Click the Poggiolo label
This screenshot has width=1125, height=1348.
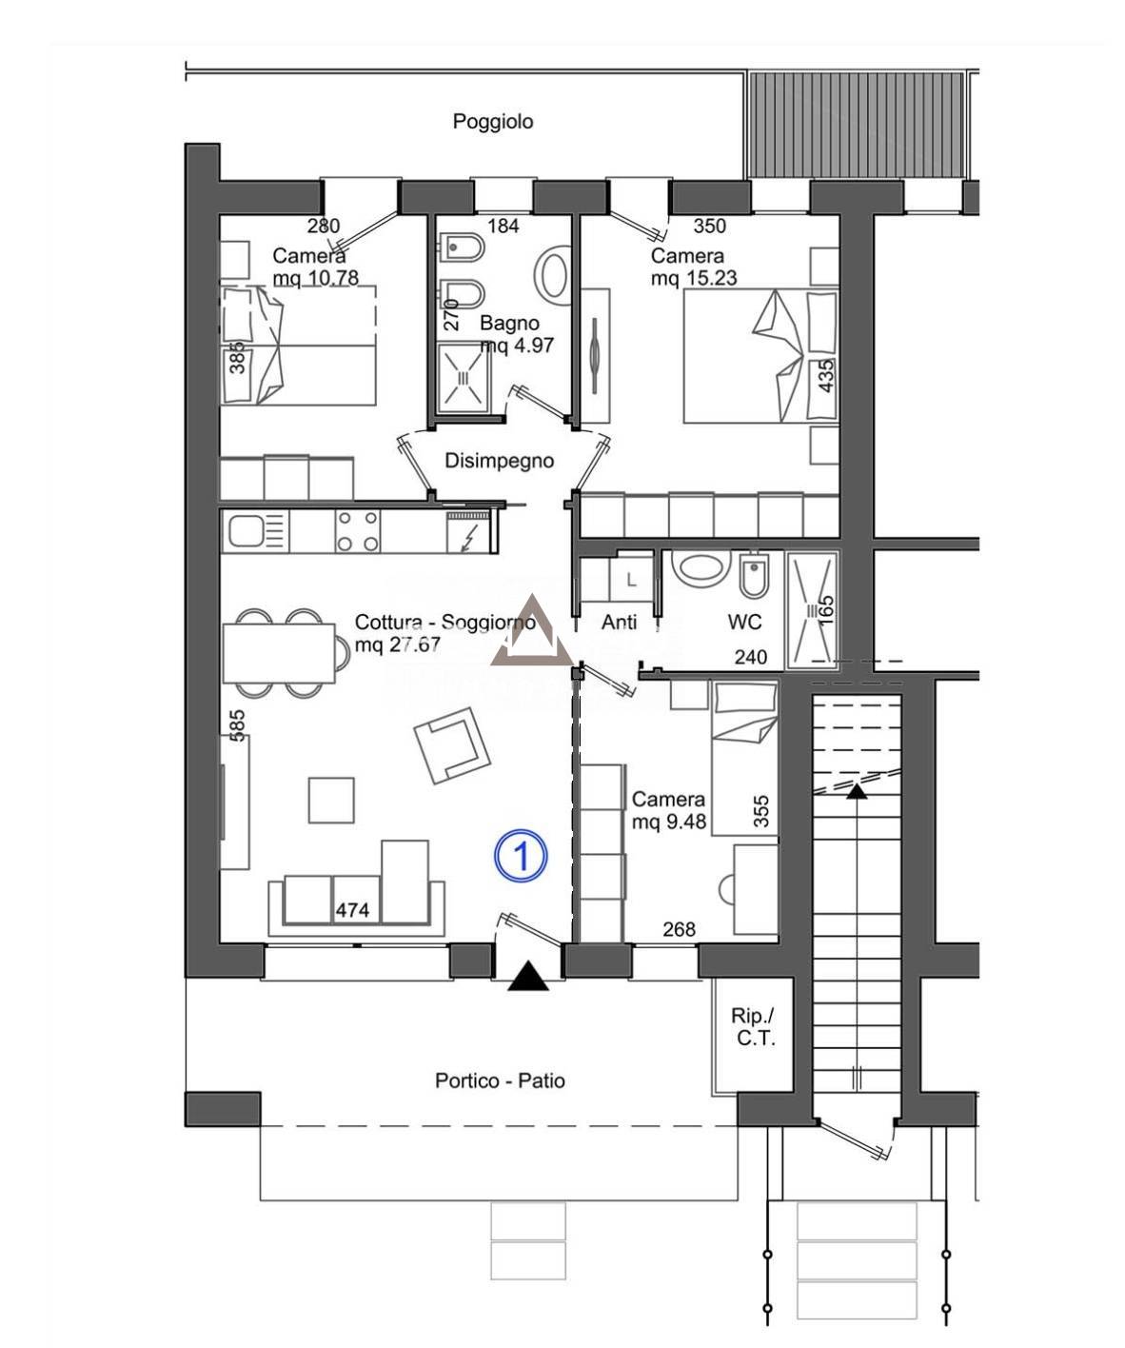(492, 122)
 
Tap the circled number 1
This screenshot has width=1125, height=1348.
(521, 857)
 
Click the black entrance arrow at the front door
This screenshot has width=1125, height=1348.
(528, 976)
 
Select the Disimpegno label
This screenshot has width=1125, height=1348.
(499, 461)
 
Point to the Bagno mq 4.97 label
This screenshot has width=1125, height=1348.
(517, 334)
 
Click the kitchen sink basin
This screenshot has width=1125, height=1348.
(244, 532)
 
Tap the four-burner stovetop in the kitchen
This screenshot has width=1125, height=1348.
(358, 530)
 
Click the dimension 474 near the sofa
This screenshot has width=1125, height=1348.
(352, 910)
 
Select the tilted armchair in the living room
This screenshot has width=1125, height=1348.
(452, 745)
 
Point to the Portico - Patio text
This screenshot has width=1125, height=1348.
(500, 1080)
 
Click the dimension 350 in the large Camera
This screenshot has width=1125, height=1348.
(709, 226)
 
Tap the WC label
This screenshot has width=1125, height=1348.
(744, 622)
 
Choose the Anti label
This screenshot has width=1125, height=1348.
(619, 622)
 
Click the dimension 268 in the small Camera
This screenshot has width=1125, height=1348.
(679, 928)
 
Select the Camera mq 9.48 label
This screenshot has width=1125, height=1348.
(669, 810)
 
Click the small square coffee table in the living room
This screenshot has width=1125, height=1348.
(331, 800)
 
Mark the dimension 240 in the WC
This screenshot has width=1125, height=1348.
(751, 657)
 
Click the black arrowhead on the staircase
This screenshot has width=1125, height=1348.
(857, 791)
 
